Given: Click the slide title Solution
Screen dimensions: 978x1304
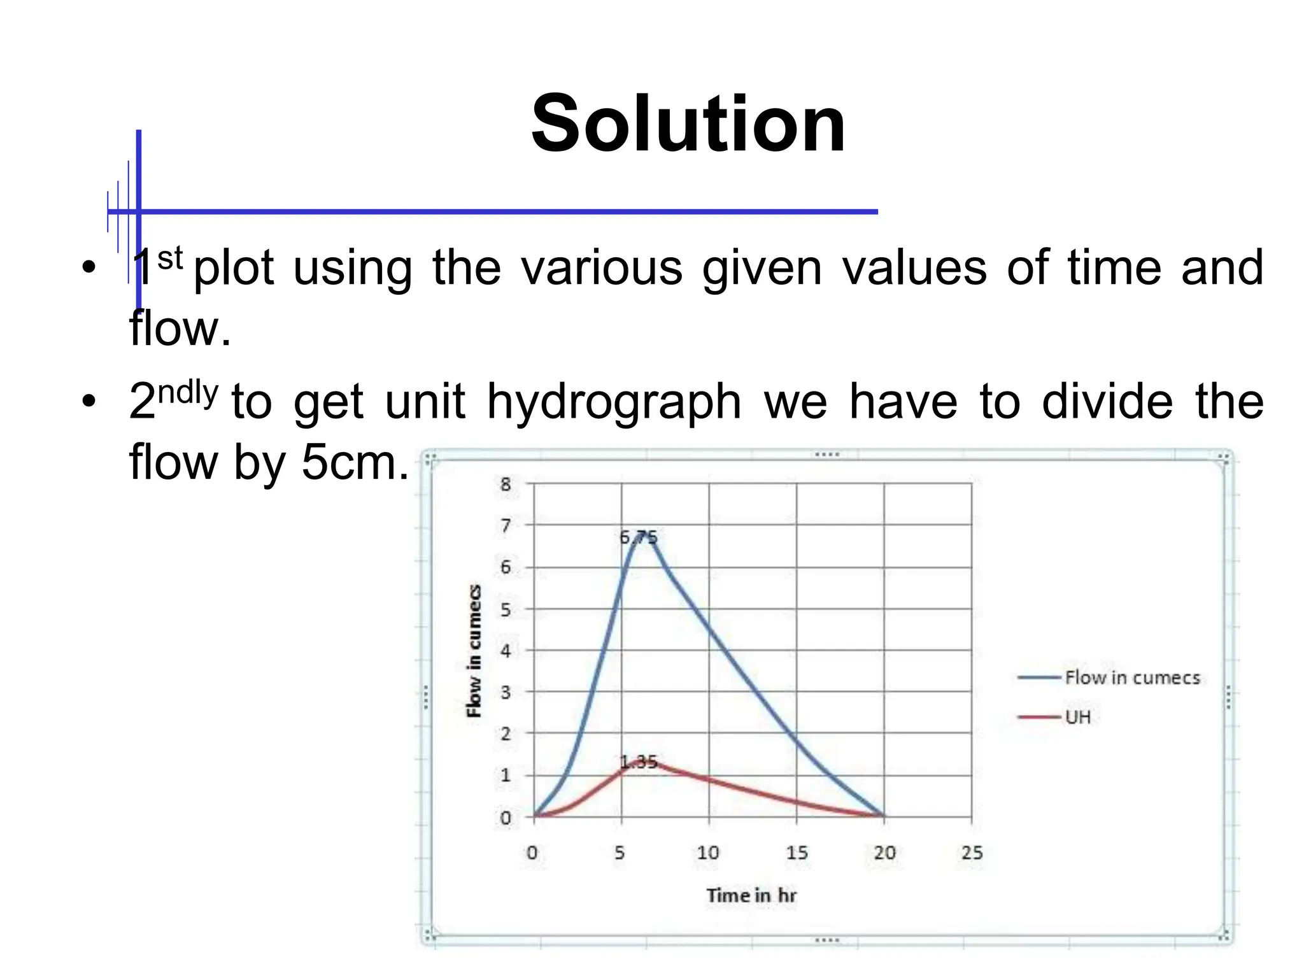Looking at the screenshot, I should (688, 124).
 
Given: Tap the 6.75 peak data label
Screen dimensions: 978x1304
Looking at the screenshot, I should (638, 537).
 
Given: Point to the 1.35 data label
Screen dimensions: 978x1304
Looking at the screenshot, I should (638, 762).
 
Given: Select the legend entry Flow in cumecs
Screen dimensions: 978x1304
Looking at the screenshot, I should (1132, 677).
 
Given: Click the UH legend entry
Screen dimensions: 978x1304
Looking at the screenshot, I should (1077, 717).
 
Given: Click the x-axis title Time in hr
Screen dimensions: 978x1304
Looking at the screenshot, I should (751, 895).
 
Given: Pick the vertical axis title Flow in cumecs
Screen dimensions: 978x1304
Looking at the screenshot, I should (474, 651).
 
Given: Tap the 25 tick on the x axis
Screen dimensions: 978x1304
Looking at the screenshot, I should (972, 853).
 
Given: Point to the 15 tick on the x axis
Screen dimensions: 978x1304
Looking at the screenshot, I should (796, 853).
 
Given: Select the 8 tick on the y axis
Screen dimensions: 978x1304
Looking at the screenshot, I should (506, 484).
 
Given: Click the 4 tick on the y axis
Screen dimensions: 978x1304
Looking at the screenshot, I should (506, 651).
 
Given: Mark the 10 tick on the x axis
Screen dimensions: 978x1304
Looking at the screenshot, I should (708, 853).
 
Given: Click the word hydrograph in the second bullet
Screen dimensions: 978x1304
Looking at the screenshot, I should (614, 402).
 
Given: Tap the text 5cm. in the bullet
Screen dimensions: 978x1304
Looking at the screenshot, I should (355, 462).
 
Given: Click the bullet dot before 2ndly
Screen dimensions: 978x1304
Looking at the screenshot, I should (89, 402).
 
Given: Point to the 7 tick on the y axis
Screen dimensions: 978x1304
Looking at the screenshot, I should (506, 525).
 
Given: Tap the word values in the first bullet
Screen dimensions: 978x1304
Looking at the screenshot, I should (914, 268).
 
